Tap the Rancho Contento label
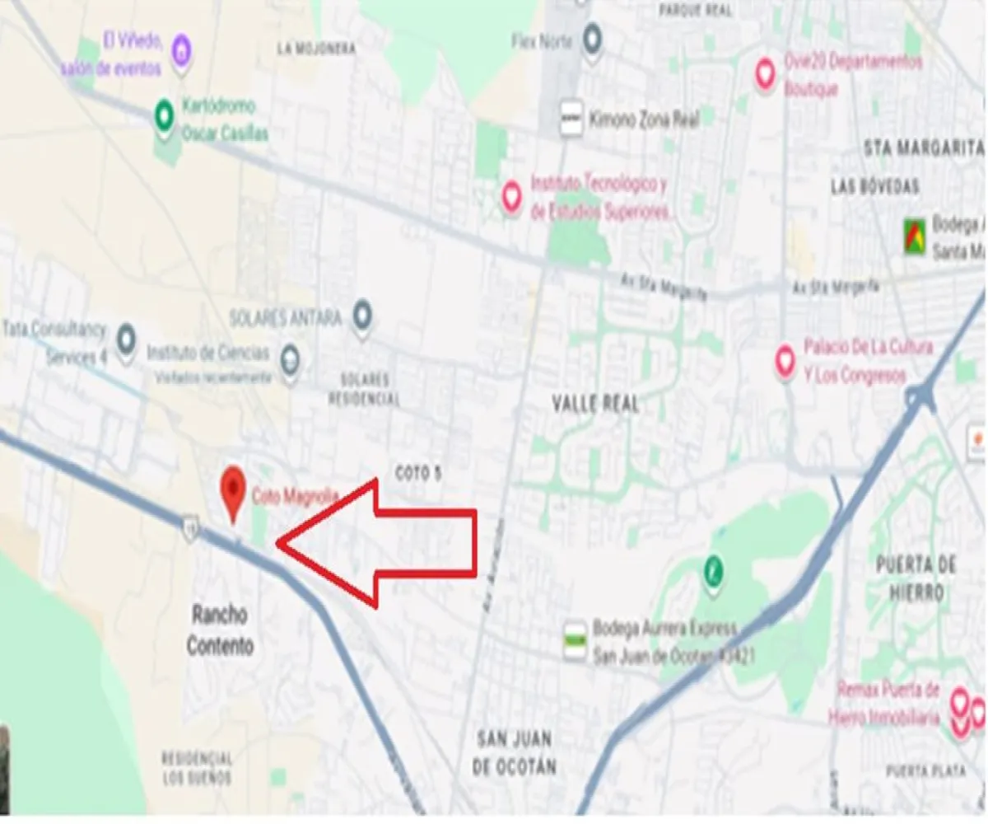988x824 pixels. pos(220,630)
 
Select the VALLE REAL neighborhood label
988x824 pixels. pos(596,404)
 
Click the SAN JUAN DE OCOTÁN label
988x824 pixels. pos(514,751)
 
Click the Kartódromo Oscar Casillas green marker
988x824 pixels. pos(165,112)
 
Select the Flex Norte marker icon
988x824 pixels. pos(592,37)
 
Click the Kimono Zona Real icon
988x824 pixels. pos(571,119)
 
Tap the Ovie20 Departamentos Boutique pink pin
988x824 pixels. pos(766,73)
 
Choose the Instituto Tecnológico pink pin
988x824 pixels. pos(512,195)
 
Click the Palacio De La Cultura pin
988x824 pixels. pos(785,359)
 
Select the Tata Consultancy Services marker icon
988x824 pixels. pos(126,338)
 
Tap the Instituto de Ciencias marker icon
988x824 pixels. pos(289,359)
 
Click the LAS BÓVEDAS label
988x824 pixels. pos(874,187)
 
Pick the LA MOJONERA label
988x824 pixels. pos(317,49)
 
